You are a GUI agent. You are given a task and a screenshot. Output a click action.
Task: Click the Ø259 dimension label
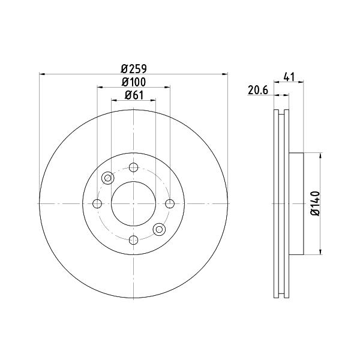[134, 68]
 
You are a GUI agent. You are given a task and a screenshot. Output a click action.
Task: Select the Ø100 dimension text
[134, 82]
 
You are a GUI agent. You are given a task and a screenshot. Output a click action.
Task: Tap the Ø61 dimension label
[134, 95]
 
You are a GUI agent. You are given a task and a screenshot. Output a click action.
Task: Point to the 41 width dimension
[289, 77]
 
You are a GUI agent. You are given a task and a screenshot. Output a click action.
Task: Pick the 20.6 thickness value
[258, 90]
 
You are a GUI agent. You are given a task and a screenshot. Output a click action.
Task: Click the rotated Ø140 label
[315, 203]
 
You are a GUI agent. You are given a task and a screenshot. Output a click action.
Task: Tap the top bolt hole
[133, 167]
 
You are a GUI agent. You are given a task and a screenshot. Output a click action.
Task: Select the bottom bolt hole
[133, 240]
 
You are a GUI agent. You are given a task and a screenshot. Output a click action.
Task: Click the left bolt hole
[97, 203]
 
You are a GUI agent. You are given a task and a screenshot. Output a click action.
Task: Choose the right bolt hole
[170, 203]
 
